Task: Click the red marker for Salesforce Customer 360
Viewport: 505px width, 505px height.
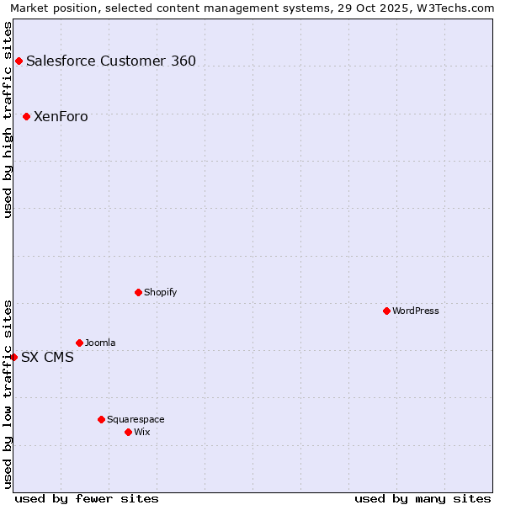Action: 19,61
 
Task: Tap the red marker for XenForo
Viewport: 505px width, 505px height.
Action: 26,116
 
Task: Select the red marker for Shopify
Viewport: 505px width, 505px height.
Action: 138,292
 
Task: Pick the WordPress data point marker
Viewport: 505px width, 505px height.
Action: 386,311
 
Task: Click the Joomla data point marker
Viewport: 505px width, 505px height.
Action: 79,343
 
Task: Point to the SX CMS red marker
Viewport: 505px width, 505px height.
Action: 13,357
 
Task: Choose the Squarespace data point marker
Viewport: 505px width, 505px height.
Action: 101,419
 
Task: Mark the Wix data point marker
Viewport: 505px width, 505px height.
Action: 128,432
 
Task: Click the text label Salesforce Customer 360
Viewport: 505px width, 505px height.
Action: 111,61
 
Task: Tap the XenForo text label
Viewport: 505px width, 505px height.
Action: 61,116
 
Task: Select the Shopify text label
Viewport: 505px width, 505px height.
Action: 160,292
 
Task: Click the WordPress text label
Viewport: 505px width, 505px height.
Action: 416,311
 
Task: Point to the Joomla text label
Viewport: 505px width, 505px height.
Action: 100,343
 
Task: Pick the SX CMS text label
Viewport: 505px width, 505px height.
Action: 47,357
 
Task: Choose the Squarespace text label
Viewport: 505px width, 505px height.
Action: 136,419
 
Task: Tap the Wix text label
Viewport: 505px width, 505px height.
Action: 142,432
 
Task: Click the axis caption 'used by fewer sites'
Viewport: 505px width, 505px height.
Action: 87,498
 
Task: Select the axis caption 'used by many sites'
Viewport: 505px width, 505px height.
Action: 423,498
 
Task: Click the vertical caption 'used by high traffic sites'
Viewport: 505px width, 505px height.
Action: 8,120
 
